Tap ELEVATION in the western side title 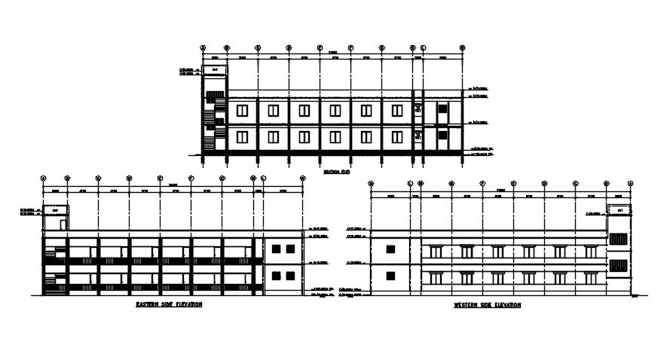click(x=506, y=305)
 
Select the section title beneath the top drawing click(x=337, y=172)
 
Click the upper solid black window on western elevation click(x=390, y=249)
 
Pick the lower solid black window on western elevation click(x=390, y=275)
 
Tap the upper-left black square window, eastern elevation click(x=276, y=249)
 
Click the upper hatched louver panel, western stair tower click(x=617, y=239)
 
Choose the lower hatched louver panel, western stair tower click(x=617, y=265)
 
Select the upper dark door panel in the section click(x=443, y=111)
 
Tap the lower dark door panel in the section click(x=443, y=137)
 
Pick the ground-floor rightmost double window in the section click(x=396, y=137)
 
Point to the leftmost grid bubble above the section click(x=203, y=47)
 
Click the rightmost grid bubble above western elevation click(x=630, y=183)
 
